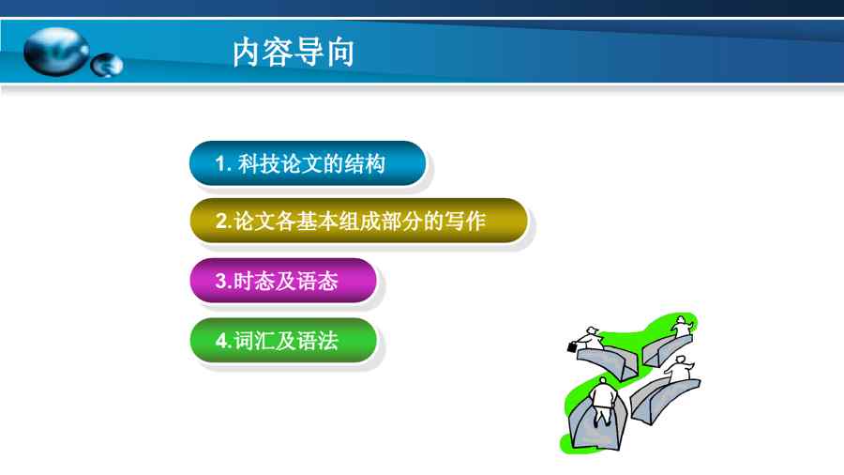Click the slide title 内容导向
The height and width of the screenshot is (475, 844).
294,53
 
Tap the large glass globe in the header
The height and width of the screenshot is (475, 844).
56,52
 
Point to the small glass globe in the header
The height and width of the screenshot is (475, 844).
107,65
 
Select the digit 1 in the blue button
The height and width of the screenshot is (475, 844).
219,163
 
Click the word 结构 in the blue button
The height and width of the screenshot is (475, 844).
365,163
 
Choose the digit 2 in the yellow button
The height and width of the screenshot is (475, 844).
221,222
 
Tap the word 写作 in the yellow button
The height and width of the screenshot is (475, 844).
465,221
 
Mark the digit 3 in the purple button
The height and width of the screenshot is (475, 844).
221,281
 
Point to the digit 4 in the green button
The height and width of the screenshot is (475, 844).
221,341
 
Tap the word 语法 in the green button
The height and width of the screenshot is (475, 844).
318,341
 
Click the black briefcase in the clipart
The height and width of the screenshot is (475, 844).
572,347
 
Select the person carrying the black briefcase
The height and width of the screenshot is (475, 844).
590,339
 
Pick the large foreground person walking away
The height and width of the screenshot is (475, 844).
604,401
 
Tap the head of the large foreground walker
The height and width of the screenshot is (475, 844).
603,381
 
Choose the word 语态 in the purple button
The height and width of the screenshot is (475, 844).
318,281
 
